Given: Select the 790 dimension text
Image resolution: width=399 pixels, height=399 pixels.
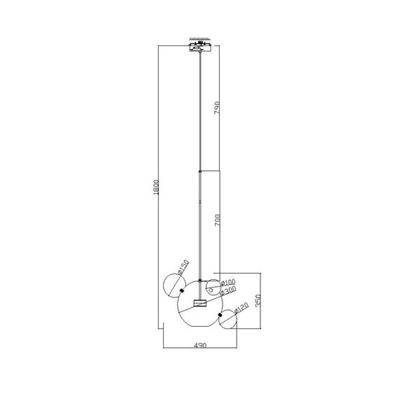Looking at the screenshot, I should point(218,108).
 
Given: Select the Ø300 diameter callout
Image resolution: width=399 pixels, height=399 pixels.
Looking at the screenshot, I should point(228,291).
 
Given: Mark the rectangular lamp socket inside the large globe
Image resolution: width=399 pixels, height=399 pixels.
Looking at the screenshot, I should point(200,303).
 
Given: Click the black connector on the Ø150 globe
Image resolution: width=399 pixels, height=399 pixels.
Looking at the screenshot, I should point(182,290).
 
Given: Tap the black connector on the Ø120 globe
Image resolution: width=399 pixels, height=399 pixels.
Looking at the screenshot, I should point(220,316).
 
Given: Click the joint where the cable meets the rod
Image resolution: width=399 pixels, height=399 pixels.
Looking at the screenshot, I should point(200,170).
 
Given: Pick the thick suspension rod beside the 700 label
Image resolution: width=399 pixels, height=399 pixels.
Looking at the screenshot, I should point(200,224).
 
